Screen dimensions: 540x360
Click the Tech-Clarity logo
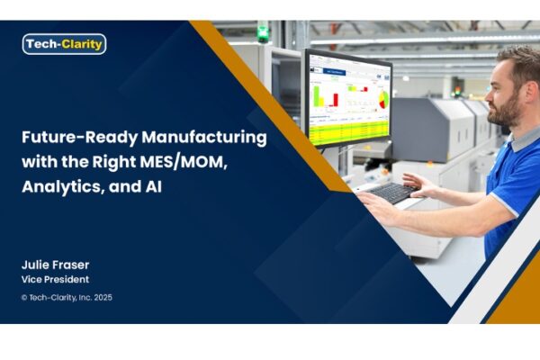64,44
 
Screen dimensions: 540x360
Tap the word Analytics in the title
63,187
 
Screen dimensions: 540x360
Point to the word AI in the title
151,186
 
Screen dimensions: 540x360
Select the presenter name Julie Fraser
55,265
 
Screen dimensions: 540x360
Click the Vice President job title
55,279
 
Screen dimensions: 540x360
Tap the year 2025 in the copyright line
103,297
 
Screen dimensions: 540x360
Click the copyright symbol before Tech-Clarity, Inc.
24,298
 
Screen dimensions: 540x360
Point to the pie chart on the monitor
383,100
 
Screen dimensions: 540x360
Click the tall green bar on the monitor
316,96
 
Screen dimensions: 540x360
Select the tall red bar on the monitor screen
336,100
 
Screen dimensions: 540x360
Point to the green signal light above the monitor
263,31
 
